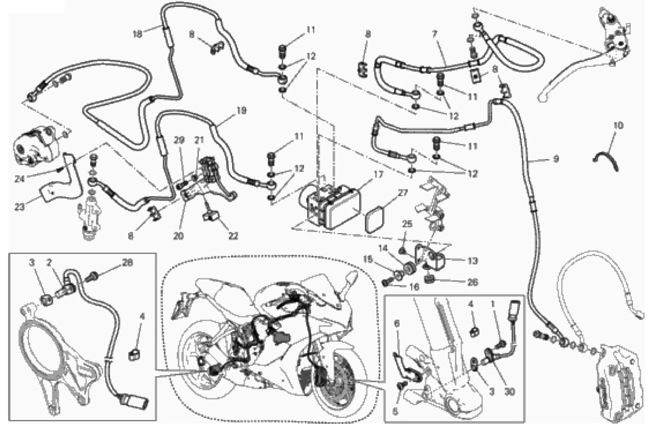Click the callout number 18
click(x=138, y=34)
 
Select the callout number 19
click(x=241, y=110)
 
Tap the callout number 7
click(x=434, y=34)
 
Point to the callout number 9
click(x=556, y=159)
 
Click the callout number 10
click(x=619, y=125)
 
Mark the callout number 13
click(x=473, y=260)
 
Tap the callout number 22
click(x=233, y=236)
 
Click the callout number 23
click(x=20, y=207)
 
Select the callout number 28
click(x=128, y=263)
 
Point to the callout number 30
click(x=510, y=391)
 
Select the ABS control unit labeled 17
click(x=333, y=206)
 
